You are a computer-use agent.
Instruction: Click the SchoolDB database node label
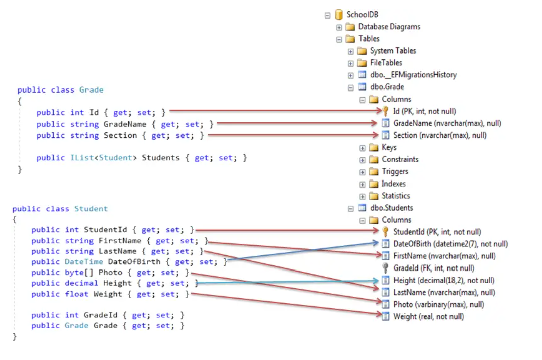click(x=362, y=15)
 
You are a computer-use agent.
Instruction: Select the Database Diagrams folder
click(x=389, y=27)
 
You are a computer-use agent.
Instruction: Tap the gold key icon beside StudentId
click(x=385, y=232)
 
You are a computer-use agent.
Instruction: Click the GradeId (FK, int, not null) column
click(x=433, y=268)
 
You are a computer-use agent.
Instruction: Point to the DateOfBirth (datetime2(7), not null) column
click(x=450, y=244)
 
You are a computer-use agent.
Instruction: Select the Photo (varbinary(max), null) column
click(x=438, y=304)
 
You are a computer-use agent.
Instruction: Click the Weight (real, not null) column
click(x=428, y=316)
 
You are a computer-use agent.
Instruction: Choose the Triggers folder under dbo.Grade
click(x=395, y=171)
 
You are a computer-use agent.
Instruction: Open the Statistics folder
click(x=395, y=196)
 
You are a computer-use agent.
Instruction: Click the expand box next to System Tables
click(x=351, y=51)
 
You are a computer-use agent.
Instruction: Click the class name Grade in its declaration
click(x=91, y=90)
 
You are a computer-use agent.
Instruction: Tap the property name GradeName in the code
click(x=125, y=124)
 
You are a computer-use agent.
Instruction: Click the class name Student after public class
click(x=91, y=209)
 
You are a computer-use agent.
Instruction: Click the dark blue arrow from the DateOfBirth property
click(x=302, y=251)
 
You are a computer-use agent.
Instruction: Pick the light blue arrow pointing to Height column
click(x=287, y=282)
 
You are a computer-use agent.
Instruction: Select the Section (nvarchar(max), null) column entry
click(x=439, y=135)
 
